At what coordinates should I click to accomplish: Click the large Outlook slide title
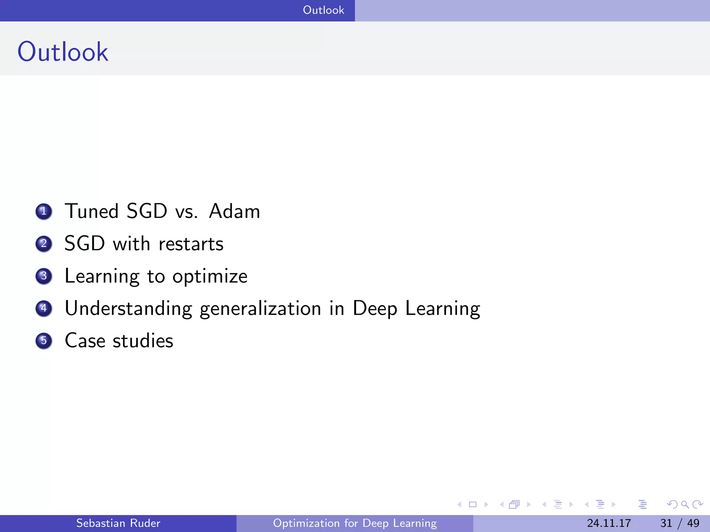63,52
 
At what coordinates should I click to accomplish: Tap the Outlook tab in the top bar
323,10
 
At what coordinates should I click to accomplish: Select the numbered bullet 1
44,211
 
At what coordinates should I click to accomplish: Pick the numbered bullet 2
44,243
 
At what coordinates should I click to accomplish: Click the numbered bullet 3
44,276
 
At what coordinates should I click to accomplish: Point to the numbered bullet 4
44,308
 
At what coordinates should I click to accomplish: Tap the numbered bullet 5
44,340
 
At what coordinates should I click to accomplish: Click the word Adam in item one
234,211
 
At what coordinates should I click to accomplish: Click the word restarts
191,244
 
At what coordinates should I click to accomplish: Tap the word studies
143,341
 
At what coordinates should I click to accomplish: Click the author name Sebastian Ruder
118,523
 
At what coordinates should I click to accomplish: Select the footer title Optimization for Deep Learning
355,523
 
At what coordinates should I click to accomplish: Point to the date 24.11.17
609,523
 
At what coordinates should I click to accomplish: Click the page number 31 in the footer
666,523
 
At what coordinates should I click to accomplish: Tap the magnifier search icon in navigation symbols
685,504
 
